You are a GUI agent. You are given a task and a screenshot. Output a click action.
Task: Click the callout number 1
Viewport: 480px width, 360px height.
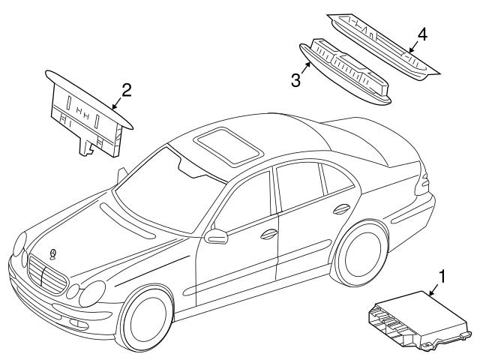pos(442,276)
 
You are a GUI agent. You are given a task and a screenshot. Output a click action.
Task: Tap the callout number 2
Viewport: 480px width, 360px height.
pos(127,90)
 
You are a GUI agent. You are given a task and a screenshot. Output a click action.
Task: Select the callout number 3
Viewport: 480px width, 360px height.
pos(296,79)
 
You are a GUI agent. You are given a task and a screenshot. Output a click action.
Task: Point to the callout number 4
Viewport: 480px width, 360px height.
pos(423,34)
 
